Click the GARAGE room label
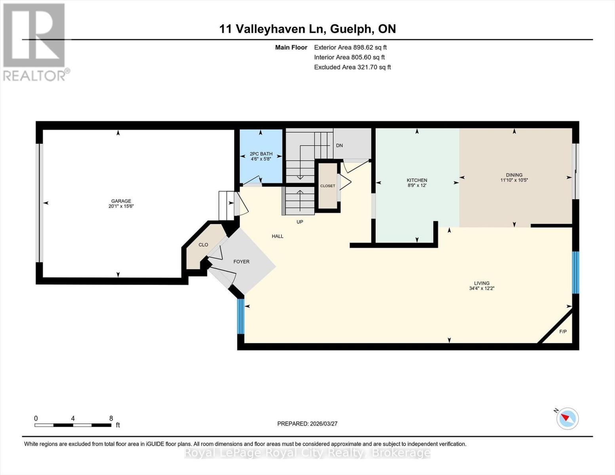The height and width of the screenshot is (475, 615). pos(121,201)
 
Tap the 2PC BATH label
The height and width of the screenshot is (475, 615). pos(261,154)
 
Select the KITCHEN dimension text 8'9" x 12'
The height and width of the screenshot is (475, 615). pos(417,185)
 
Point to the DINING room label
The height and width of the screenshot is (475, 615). pos(514,175)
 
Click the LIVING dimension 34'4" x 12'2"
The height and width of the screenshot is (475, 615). pos(482,289)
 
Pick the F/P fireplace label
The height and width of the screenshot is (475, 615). pos(562,331)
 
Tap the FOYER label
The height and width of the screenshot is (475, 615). pos(241,262)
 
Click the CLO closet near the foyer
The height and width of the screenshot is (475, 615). pos(203,245)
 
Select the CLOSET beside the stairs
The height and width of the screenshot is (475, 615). pos(327,186)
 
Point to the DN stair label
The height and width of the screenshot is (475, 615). pos(339,145)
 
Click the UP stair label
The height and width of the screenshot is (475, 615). pos(300,222)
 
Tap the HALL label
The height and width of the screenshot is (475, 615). pos(277,236)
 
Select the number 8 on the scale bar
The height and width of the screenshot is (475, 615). pos(111,418)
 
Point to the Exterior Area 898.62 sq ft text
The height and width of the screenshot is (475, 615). pos(350,47)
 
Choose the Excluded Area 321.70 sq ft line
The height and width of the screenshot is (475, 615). pos(352,67)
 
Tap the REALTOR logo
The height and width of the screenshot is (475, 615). pos(35,42)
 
